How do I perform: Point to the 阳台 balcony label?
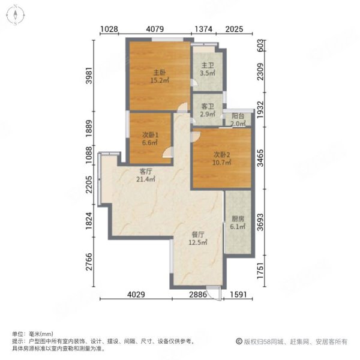(238, 119)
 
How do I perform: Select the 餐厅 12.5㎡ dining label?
(199, 238)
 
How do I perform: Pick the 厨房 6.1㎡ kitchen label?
(238, 223)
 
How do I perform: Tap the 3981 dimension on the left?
(89, 76)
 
